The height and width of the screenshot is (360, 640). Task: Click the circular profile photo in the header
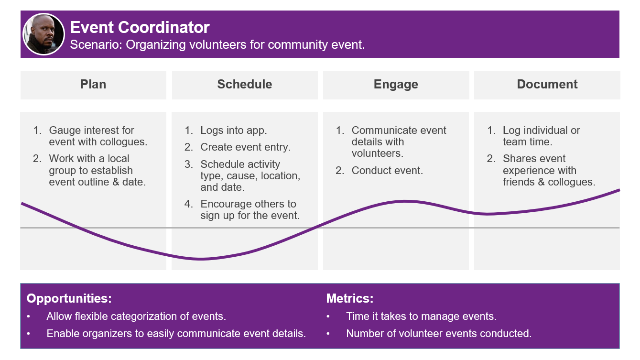(x=43, y=34)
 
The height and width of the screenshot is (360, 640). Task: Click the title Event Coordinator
(x=140, y=27)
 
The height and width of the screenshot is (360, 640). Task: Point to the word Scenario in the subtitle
(x=96, y=44)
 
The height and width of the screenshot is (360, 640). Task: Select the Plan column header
(x=93, y=84)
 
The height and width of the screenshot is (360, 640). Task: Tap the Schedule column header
(x=245, y=84)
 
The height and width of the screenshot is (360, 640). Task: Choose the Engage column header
(x=396, y=84)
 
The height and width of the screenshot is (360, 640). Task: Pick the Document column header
(x=547, y=84)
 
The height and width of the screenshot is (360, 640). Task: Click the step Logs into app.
(x=233, y=131)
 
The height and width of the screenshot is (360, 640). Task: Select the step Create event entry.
(x=245, y=147)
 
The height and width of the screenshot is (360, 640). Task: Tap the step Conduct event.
(x=387, y=171)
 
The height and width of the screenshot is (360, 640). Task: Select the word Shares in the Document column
(x=519, y=158)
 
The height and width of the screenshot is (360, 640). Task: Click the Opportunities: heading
(x=69, y=299)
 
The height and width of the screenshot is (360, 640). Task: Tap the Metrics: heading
(x=350, y=298)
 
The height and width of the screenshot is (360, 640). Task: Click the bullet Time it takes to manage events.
(x=421, y=316)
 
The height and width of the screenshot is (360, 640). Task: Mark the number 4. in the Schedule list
(x=189, y=204)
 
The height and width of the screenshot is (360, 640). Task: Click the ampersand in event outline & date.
(x=115, y=182)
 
